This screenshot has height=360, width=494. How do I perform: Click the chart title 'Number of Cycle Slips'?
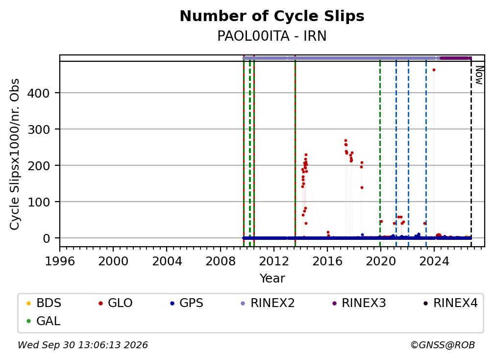pos(272,16)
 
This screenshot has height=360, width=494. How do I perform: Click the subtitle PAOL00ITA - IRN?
pos(272,36)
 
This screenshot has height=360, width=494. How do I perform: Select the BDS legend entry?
pos(44,303)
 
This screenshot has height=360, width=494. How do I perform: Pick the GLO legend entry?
pos(115,303)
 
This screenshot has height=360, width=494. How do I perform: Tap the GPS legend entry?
pos(187,303)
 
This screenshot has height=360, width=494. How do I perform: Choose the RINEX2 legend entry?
pos(268,303)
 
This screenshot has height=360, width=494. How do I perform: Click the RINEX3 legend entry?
pos(359,303)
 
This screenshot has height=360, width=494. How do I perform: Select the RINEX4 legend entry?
pos(450,303)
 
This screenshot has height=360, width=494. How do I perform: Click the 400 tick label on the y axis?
pos(38,93)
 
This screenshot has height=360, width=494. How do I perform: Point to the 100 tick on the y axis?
pos(38,202)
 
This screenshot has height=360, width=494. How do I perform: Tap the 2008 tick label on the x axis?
pos(221,261)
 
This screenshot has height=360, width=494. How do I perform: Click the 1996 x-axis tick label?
pos(60,261)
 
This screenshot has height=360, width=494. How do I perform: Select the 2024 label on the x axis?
pos(434,261)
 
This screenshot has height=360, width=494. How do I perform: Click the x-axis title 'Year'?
pos(272,279)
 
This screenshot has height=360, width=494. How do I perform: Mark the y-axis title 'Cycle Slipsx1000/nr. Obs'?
pos(15,154)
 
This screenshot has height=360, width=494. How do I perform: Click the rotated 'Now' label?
pos(479,75)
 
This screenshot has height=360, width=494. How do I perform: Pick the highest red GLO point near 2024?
pos(434,70)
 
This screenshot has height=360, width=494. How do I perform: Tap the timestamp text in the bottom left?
pos(83,345)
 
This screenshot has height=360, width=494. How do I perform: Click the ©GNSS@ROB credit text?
pos(443,345)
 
